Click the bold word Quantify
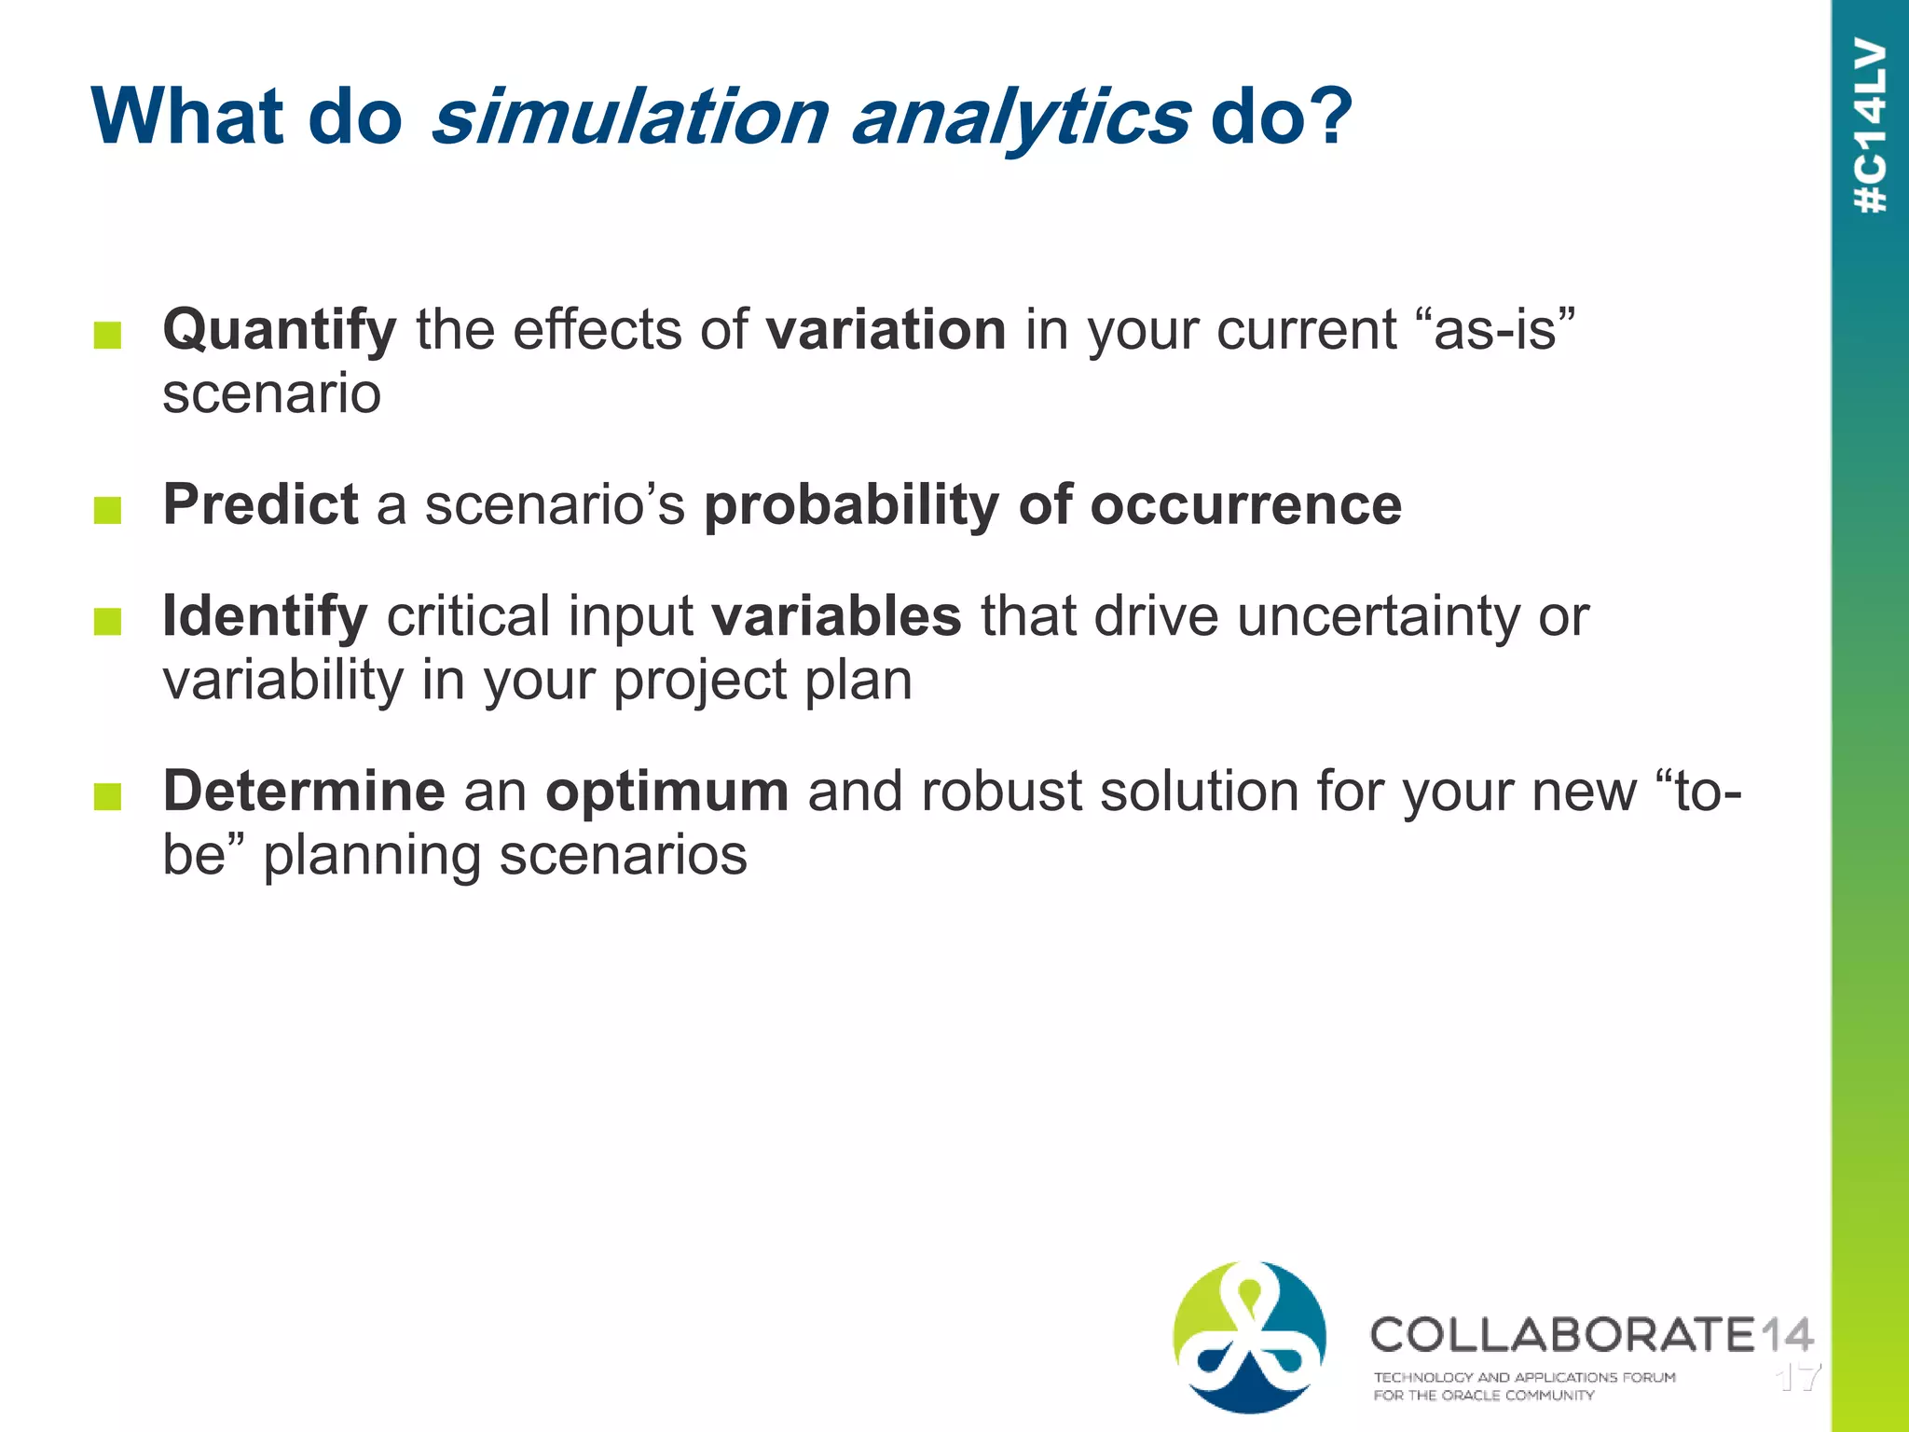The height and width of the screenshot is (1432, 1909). click(280, 330)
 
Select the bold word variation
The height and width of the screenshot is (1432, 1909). click(886, 330)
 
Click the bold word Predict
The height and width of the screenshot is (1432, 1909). click(261, 504)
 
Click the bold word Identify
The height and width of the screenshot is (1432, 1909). click(265, 616)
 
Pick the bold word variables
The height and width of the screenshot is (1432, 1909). click(836, 616)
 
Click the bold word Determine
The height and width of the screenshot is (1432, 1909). click(304, 792)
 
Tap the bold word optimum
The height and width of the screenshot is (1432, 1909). click(667, 792)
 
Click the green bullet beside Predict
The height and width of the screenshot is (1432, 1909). click(108, 510)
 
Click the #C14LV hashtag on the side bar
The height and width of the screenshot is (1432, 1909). click(1871, 126)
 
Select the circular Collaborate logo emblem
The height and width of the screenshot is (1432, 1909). click(1249, 1337)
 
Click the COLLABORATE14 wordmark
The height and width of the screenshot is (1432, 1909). click(1590, 1334)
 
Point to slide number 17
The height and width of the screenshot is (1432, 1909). click(1798, 1377)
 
